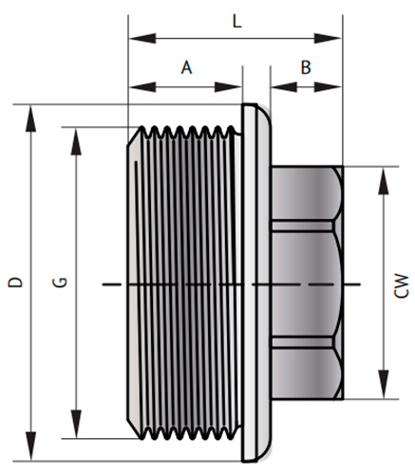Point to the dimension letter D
pyautogui.click(x=13, y=282)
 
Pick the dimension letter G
pyautogui.click(x=58, y=282)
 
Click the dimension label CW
pyautogui.click(x=402, y=283)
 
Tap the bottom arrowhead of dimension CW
pyautogui.click(x=384, y=393)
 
